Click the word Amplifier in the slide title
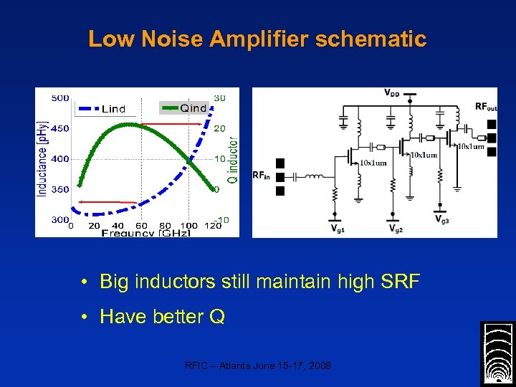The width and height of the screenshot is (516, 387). tap(259, 39)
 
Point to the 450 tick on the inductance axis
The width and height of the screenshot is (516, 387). tap(59, 129)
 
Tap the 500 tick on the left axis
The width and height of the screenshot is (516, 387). tap(59, 98)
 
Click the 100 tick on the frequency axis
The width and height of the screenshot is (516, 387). tap(188, 226)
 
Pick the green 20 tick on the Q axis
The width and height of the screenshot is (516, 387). tap(220, 128)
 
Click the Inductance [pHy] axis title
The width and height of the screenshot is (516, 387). tap(44, 159)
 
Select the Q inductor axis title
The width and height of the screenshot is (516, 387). tap(233, 159)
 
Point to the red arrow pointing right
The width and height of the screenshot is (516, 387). tap(172, 125)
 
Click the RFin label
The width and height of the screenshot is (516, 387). tap(262, 175)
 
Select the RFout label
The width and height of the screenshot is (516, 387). tap(487, 107)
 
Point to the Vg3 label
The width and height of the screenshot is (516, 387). tap(442, 219)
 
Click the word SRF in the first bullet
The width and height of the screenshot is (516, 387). tap(394, 282)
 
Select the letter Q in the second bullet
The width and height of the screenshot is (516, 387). tap(216, 316)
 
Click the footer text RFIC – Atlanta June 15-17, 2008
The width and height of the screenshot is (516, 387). tap(257, 365)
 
